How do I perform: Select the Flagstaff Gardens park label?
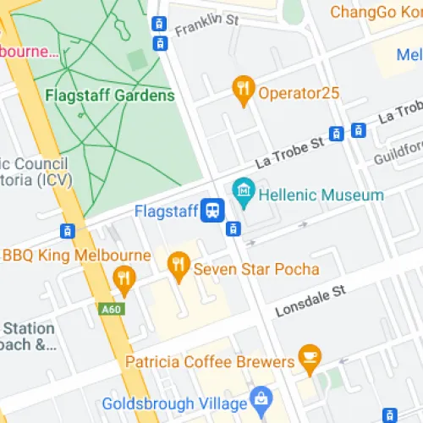[111, 95]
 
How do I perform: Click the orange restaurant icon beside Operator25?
[244, 91]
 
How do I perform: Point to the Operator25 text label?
[299, 93]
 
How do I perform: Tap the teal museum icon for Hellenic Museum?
[244, 194]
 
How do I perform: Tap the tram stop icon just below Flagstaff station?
[234, 228]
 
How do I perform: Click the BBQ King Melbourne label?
[77, 255]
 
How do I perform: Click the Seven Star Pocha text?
[256, 269]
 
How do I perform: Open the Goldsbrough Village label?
[173, 403]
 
